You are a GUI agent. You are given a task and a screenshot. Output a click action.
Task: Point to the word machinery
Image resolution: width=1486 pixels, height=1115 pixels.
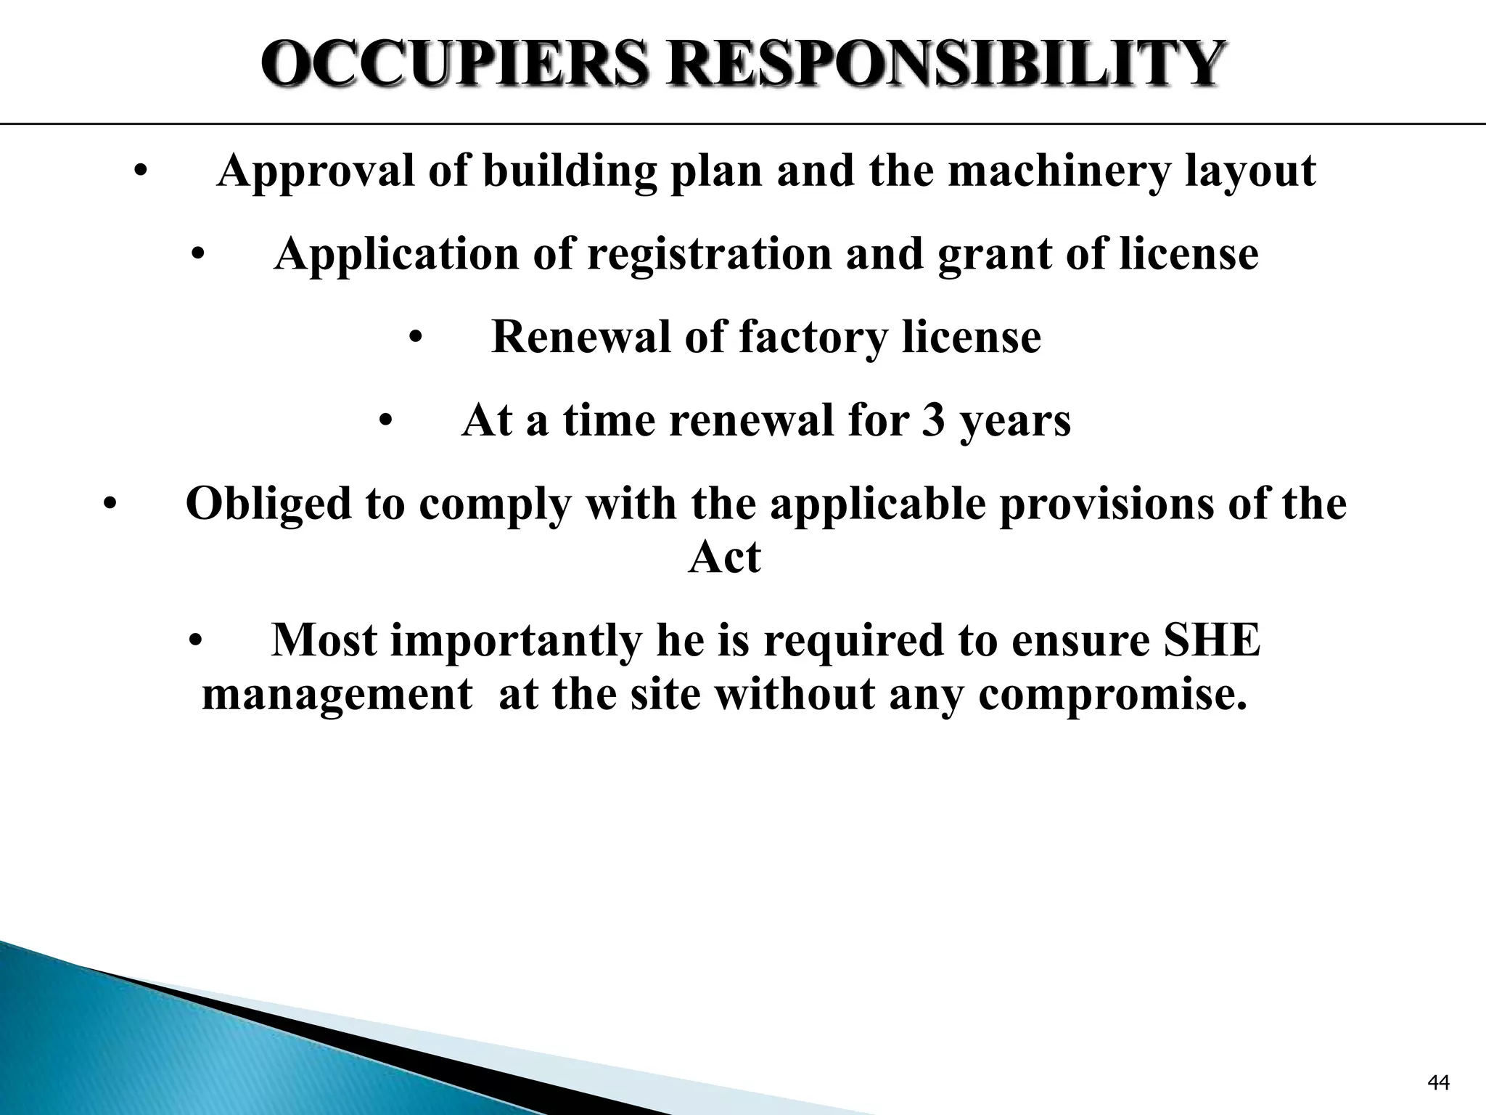click(1059, 171)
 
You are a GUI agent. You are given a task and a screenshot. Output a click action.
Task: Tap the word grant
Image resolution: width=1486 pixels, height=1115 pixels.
click(993, 254)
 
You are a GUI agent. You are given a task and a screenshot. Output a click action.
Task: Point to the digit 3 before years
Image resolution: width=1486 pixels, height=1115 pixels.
click(934, 420)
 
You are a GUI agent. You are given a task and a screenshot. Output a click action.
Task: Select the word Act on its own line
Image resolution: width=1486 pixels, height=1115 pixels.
click(723, 557)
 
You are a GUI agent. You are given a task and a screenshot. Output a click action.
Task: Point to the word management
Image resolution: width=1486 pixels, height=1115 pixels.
click(337, 694)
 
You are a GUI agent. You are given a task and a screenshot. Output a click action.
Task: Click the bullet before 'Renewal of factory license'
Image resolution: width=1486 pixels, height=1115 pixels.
click(415, 338)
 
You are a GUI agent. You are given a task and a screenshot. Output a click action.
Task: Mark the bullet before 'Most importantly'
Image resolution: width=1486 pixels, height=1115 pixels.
click(194, 642)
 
